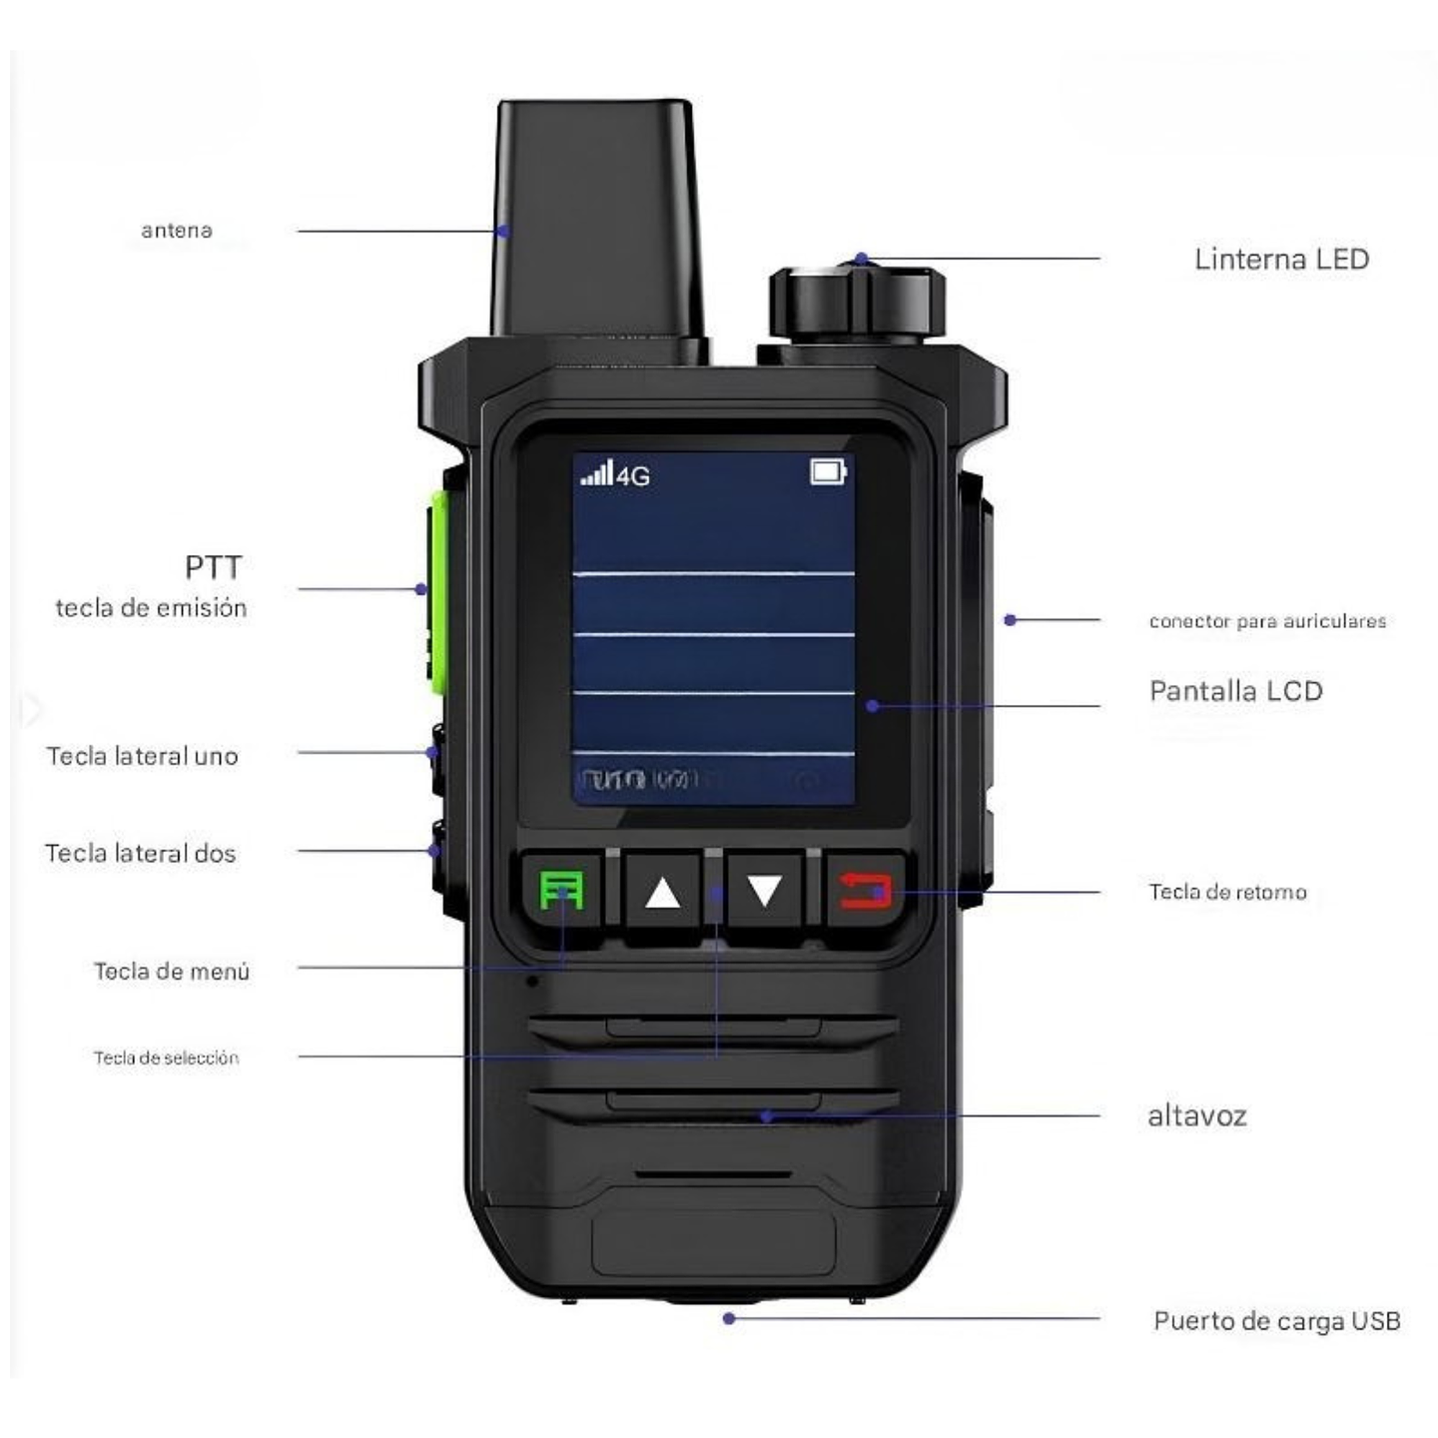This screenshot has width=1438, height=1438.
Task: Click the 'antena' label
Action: pyautogui.click(x=177, y=231)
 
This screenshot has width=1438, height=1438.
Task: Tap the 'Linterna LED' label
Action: pyautogui.click(x=1281, y=260)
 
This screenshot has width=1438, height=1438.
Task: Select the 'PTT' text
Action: pyautogui.click(x=213, y=567)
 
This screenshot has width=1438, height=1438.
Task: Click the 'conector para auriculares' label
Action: pyautogui.click(x=1267, y=621)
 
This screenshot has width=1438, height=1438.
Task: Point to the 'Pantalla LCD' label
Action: pyautogui.click(x=1235, y=691)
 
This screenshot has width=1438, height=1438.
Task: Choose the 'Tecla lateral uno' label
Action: pyautogui.click(x=142, y=756)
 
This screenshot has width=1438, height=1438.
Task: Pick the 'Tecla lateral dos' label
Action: pyautogui.click(x=140, y=853)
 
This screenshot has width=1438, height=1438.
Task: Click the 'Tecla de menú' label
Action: pyautogui.click(x=172, y=971)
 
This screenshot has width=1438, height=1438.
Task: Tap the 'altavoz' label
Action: pyautogui.click(x=1196, y=1115)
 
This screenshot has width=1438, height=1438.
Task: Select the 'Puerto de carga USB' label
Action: pyautogui.click(x=1276, y=1321)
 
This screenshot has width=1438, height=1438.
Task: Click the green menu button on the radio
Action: pyautogui.click(x=561, y=890)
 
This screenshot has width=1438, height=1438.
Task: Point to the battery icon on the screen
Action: pyautogui.click(x=828, y=471)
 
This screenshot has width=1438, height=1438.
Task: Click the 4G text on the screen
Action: pyautogui.click(x=633, y=476)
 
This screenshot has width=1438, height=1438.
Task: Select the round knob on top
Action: pyautogui.click(x=856, y=302)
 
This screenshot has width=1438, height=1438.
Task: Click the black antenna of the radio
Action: pyautogui.click(x=597, y=220)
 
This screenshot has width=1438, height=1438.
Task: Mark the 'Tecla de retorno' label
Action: pyautogui.click(x=1227, y=892)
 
